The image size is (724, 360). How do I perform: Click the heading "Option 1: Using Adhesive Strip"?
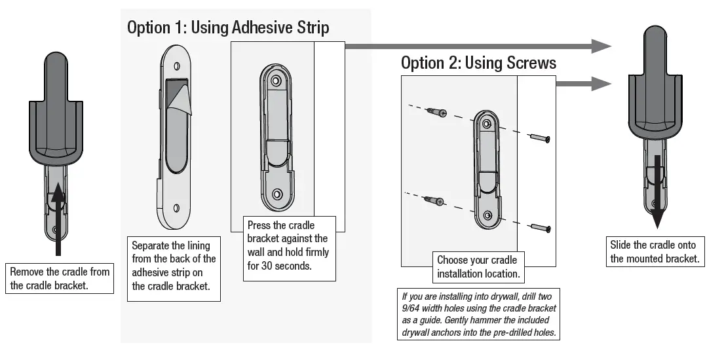point(228,27)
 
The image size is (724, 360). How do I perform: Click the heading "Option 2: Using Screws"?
point(478,63)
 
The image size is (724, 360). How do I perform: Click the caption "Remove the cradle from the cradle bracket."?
point(60,278)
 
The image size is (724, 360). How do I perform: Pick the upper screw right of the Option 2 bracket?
point(540,137)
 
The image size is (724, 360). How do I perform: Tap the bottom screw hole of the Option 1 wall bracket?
point(276,194)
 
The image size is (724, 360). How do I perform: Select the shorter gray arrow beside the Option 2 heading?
point(583,83)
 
